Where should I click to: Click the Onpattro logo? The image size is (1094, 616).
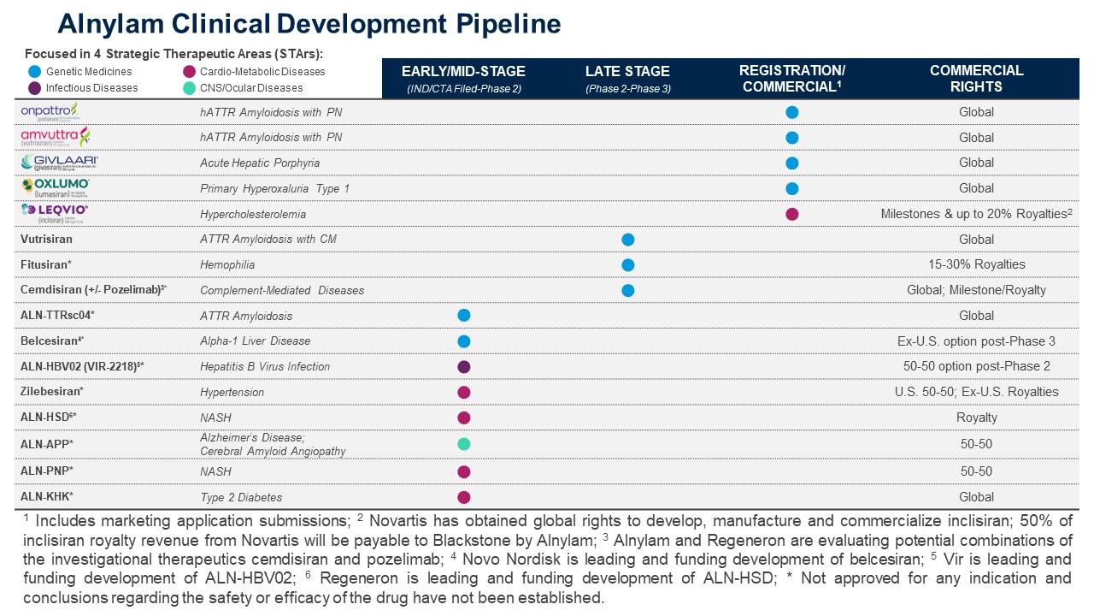click(50, 111)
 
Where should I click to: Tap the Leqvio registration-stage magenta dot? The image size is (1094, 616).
click(791, 214)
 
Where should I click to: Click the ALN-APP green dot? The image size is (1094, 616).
click(464, 444)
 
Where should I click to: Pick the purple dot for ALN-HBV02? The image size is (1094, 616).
click(464, 366)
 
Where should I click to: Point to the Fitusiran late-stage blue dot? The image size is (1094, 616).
click(628, 265)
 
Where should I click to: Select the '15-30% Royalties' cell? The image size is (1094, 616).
click(976, 264)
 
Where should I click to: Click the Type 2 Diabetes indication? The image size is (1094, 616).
click(241, 497)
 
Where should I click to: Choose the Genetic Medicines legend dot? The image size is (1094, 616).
click(34, 72)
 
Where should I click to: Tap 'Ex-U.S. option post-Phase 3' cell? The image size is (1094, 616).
click(976, 341)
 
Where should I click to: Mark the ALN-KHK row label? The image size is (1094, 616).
click(47, 497)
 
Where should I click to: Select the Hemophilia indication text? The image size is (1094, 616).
click(227, 265)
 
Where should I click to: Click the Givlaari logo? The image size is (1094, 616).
click(60, 163)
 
